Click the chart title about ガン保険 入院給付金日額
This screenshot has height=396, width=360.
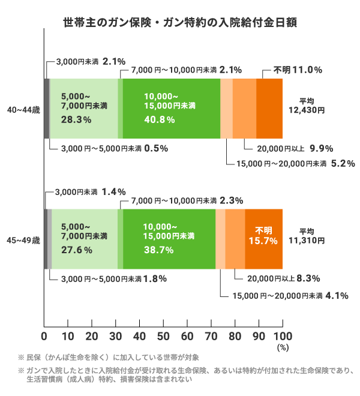point(180,22)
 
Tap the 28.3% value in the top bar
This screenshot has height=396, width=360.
point(76,119)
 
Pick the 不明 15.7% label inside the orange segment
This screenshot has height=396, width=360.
point(263,235)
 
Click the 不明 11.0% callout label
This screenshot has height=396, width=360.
point(298,70)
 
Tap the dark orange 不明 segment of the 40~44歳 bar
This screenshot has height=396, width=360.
point(269,109)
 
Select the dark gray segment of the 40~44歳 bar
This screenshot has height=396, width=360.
point(46,109)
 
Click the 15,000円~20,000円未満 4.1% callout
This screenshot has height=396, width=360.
point(284,295)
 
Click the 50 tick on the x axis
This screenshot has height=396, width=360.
point(163,335)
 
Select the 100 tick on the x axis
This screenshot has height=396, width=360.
point(282,335)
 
